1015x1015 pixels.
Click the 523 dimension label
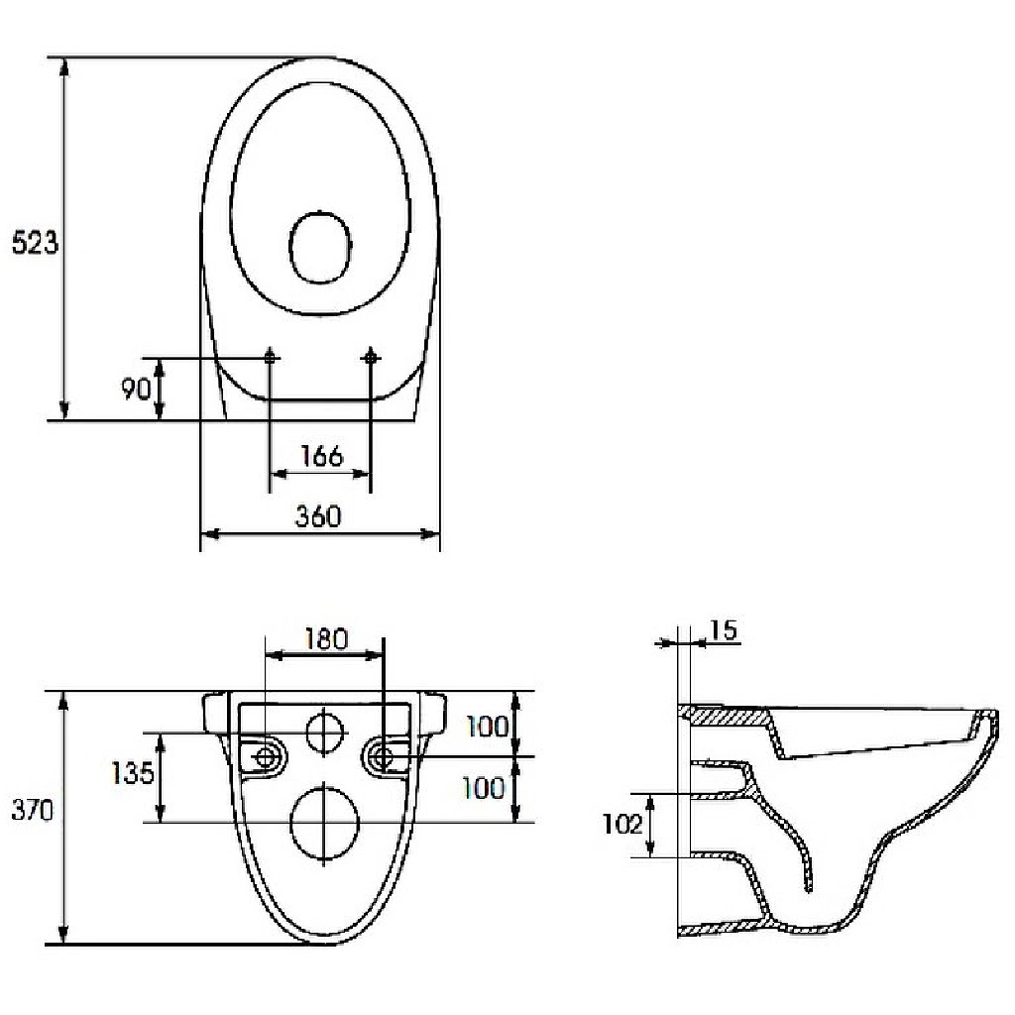click(35, 243)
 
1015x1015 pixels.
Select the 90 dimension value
click(136, 389)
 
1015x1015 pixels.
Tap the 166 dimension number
click(322, 456)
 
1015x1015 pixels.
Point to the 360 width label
click(318, 516)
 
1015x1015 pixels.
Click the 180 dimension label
click(325, 639)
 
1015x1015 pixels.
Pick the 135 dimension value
click(132, 773)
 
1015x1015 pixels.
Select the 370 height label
click(33, 811)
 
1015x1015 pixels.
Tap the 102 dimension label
click(622, 824)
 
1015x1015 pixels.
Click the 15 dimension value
click(724, 629)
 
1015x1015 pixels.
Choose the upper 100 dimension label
click(488, 727)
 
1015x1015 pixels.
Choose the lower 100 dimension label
click(483, 788)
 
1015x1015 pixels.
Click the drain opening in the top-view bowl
click(320, 247)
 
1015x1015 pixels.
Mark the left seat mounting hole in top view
click(270, 357)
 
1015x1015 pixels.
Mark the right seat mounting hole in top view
click(371, 357)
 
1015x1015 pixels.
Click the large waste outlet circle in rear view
click(324, 822)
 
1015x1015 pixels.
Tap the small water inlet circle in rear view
click(324, 733)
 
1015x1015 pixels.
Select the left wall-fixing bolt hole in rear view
click(265, 756)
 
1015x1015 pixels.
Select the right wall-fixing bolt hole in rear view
click(384, 756)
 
